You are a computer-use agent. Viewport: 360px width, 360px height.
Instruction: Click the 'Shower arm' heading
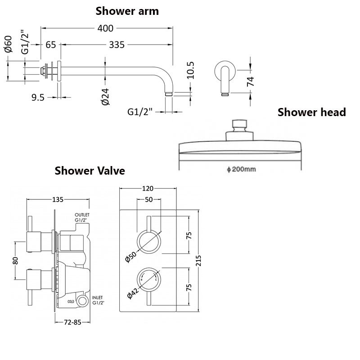[127, 11]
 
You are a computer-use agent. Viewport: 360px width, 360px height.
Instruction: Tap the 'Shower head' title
[311, 112]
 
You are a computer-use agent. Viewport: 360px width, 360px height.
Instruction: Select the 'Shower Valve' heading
[90, 171]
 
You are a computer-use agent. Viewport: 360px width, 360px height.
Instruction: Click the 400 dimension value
[105, 28]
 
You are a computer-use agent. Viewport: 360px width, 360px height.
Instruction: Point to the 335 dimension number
[117, 45]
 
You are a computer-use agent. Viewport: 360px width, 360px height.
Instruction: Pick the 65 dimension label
[51, 45]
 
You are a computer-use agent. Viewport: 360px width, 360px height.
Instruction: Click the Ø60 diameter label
[8, 44]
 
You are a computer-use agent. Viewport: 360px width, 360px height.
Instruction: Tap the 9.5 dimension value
[38, 97]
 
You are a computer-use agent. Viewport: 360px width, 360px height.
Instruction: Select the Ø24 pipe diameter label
[105, 97]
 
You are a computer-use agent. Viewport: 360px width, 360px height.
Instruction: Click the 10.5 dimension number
[190, 70]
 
